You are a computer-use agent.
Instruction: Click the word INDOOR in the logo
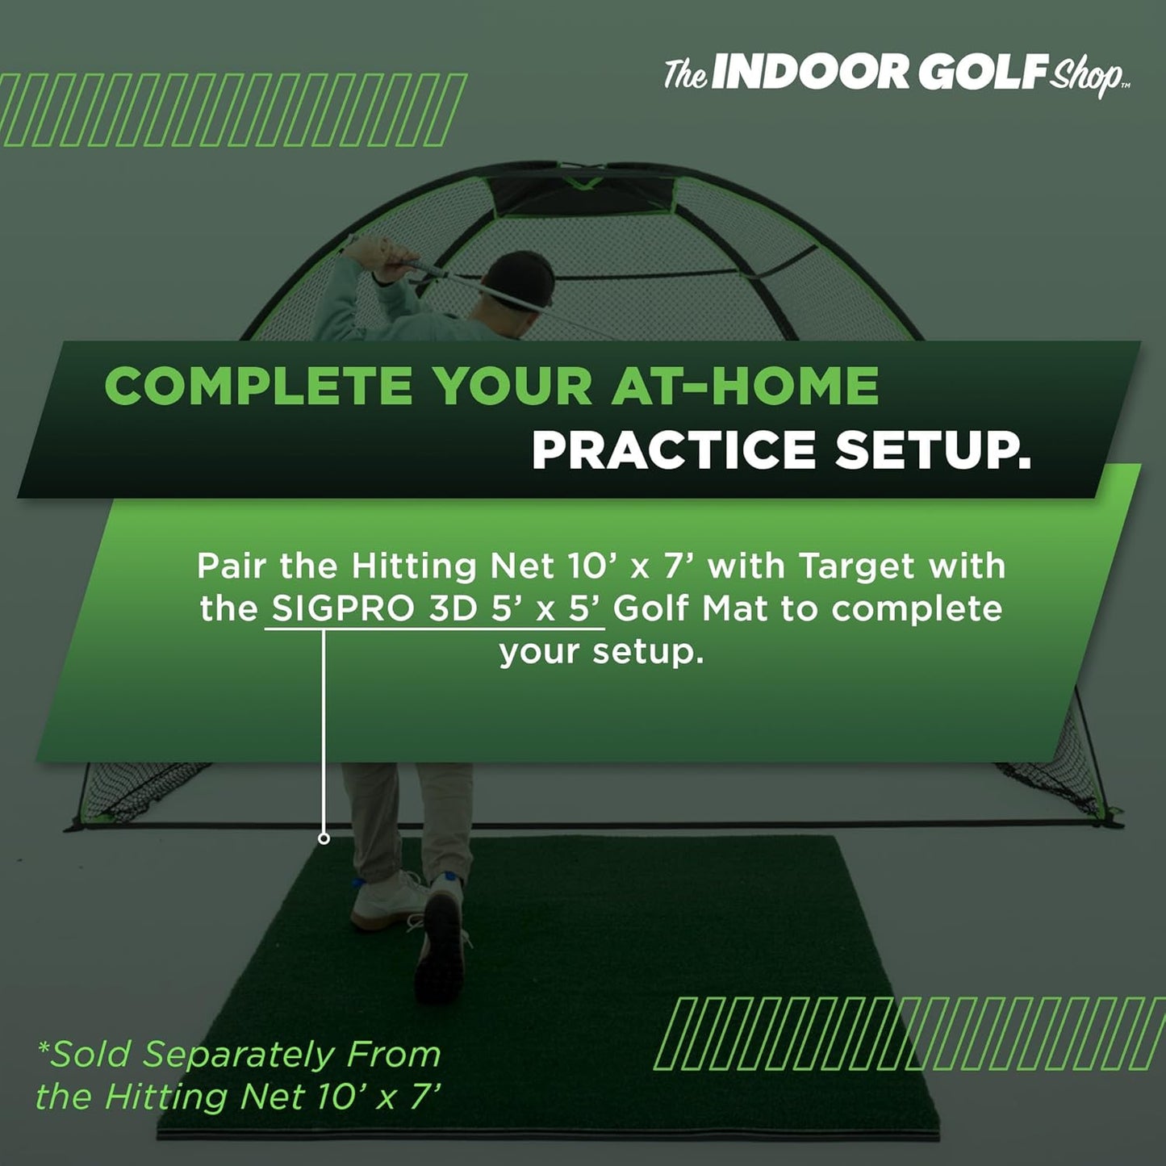tap(810, 73)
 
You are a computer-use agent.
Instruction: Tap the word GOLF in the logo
tap(982, 73)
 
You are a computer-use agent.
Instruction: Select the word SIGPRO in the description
tap(343, 608)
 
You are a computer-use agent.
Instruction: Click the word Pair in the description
tap(232, 566)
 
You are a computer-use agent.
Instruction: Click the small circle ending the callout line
tap(324, 838)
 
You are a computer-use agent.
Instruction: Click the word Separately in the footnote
tap(238, 1054)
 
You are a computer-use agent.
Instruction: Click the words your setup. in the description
tap(601, 651)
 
